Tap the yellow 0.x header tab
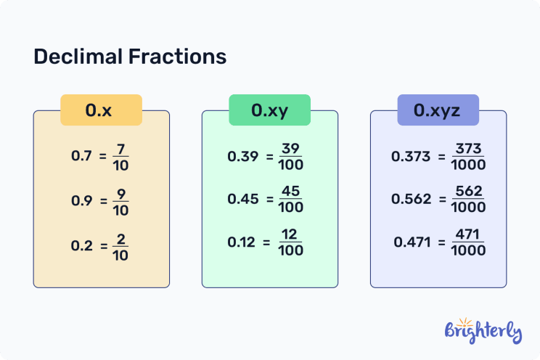100,110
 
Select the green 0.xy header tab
269,110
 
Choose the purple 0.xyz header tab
438,110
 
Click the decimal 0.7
81,155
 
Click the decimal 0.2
81,245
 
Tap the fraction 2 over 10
121,245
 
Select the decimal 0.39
242,156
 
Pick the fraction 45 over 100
290,200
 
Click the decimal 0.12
242,242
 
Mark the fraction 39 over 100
290,156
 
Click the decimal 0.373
411,156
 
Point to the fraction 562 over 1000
467,200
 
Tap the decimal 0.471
412,242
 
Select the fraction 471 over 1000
467,242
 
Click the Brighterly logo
482,330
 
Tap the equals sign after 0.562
441,200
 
